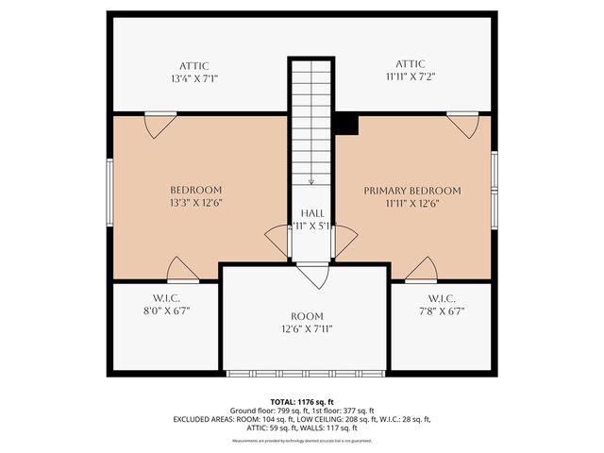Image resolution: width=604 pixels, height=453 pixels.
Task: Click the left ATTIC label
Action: coord(195,65)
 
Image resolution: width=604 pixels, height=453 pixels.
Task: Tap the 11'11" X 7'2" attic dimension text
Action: coord(411,78)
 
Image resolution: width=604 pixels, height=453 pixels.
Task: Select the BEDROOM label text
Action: coord(195,190)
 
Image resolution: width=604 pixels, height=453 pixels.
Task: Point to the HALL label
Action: coord(312,213)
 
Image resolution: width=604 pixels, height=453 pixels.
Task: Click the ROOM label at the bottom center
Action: coord(307,316)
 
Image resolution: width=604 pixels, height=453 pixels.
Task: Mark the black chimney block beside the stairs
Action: coord(346,124)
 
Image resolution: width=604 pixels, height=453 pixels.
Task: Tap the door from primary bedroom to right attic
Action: coord(463,125)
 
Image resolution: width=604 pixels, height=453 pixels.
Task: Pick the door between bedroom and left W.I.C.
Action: coord(182,270)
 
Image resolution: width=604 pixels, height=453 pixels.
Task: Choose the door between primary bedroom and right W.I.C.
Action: coord(421,270)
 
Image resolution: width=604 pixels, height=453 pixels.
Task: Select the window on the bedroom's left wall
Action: coord(109,192)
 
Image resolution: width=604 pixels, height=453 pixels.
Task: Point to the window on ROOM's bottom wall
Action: coord(305,374)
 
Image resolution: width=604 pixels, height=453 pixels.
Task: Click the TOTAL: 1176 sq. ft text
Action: coord(301,401)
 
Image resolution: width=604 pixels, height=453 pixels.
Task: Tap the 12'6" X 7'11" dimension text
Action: coord(307,329)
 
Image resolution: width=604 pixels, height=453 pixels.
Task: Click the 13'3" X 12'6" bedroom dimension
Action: coord(195,203)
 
